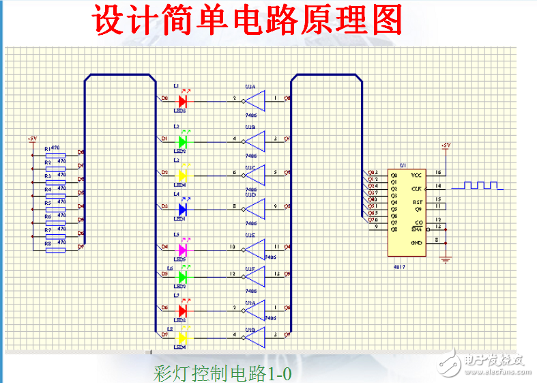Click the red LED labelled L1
(x=182, y=101)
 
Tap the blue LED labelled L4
(x=182, y=207)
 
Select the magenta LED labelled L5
(x=182, y=249)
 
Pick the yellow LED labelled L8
(x=182, y=337)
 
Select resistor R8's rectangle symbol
(x=55, y=249)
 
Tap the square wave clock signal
(x=480, y=186)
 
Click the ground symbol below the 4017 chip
(x=446, y=258)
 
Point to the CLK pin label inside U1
(x=416, y=188)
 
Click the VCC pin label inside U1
(x=416, y=175)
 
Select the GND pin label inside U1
(x=416, y=242)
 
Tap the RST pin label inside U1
(x=418, y=202)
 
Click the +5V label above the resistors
(x=32, y=139)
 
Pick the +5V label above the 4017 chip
(x=446, y=145)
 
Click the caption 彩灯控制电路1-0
(x=222, y=373)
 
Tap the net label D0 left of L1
(x=164, y=98)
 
